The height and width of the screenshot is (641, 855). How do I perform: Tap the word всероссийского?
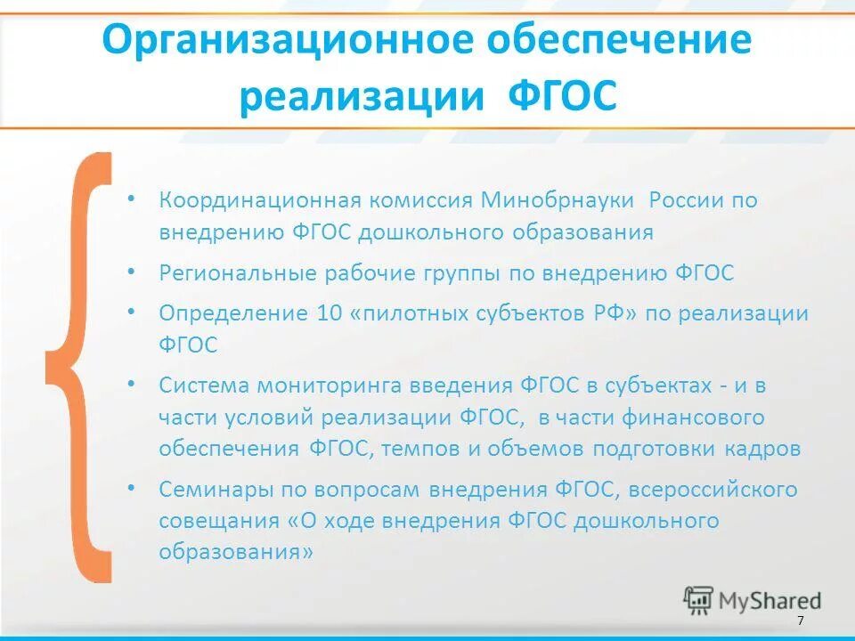pyautogui.click(x=722, y=489)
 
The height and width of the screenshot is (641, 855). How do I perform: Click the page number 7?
pyautogui.click(x=801, y=620)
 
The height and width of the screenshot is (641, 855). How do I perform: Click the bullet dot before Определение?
pyautogui.click(x=132, y=312)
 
